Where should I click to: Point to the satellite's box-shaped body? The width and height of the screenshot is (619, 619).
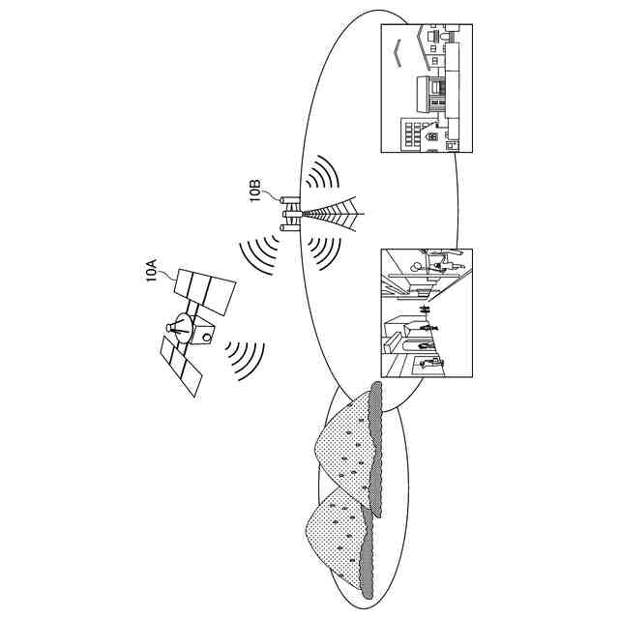(x=202, y=334)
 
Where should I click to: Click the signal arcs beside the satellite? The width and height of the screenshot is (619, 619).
(x=245, y=357)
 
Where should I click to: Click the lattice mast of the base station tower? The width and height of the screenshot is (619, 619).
(x=334, y=214)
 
